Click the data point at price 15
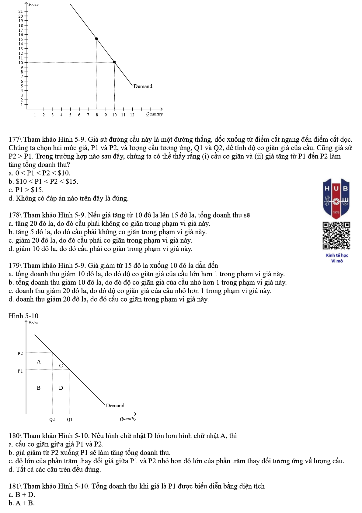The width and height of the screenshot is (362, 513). pyautogui.click(x=97, y=39)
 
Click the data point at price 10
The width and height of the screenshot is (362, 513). pyautogui.click(x=114, y=62)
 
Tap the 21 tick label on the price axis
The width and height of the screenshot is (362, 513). pyautogui.click(x=21, y=11)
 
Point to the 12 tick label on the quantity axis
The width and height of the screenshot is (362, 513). pyautogui.click(x=132, y=115)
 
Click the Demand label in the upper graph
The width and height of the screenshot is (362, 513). pyautogui.click(x=143, y=86)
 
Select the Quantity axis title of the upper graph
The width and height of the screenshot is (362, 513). pyautogui.click(x=154, y=114)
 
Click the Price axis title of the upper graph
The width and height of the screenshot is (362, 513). pyautogui.click(x=33, y=4)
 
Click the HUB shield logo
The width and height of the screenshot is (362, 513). pyautogui.click(x=336, y=198)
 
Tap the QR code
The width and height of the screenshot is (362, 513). pyautogui.click(x=336, y=235)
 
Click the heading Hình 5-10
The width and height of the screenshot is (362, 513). pyautogui.click(x=23, y=316)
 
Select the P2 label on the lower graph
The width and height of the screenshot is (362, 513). pyautogui.click(x=20, y=353)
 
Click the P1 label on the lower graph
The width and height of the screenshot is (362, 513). pyautogui.click(x=20, y=371)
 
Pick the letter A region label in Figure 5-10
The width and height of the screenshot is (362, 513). pyautogui.click(x=39, y=362)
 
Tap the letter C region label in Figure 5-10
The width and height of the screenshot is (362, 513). pyautogui.click(x=61, y=366)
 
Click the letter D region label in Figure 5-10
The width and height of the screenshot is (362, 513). pyautogui.click(x=61, y=388)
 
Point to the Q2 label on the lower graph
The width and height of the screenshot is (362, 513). pyautogui.click(x=52, y=419)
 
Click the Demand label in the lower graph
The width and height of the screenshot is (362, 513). pyautogui.click(x=115, y=405)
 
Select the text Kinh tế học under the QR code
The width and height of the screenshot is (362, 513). pyautogui.click(x=337, y=255)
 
